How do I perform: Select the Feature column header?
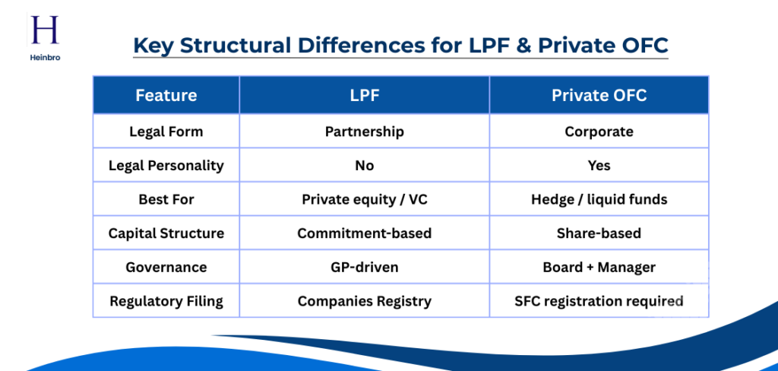(x=166, y=95)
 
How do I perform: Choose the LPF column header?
(x=364, y=95)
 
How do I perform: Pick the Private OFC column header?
(x=599, y=95)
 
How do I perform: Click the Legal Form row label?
(x=166, y=132)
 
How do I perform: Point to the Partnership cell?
(x=364, y=132)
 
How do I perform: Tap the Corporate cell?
(x=599, y=132)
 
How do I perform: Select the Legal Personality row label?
(x=166, y=165)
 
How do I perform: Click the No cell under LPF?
(x=364, y=165)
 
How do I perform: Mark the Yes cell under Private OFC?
(x=599, y=165)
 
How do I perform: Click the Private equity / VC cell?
(x=364, y=199)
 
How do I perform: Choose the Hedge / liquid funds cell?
(x=599, y=199)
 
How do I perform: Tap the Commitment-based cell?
(x=364, y=233)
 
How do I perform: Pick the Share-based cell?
(x=599, y=233)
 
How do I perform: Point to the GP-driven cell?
(x=364, y=267)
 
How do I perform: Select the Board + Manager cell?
(x=599, y=267)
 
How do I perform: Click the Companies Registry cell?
(x=364, y=301)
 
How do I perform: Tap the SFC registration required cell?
(x=599, y=301)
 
